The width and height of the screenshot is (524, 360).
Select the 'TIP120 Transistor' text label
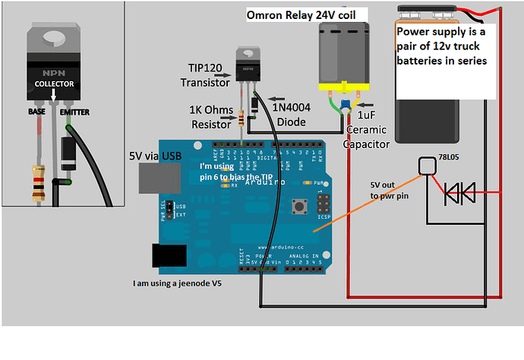pos(204,75)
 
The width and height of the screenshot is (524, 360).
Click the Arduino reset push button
pos(298,207)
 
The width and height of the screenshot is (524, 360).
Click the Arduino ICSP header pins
pos(323,207)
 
